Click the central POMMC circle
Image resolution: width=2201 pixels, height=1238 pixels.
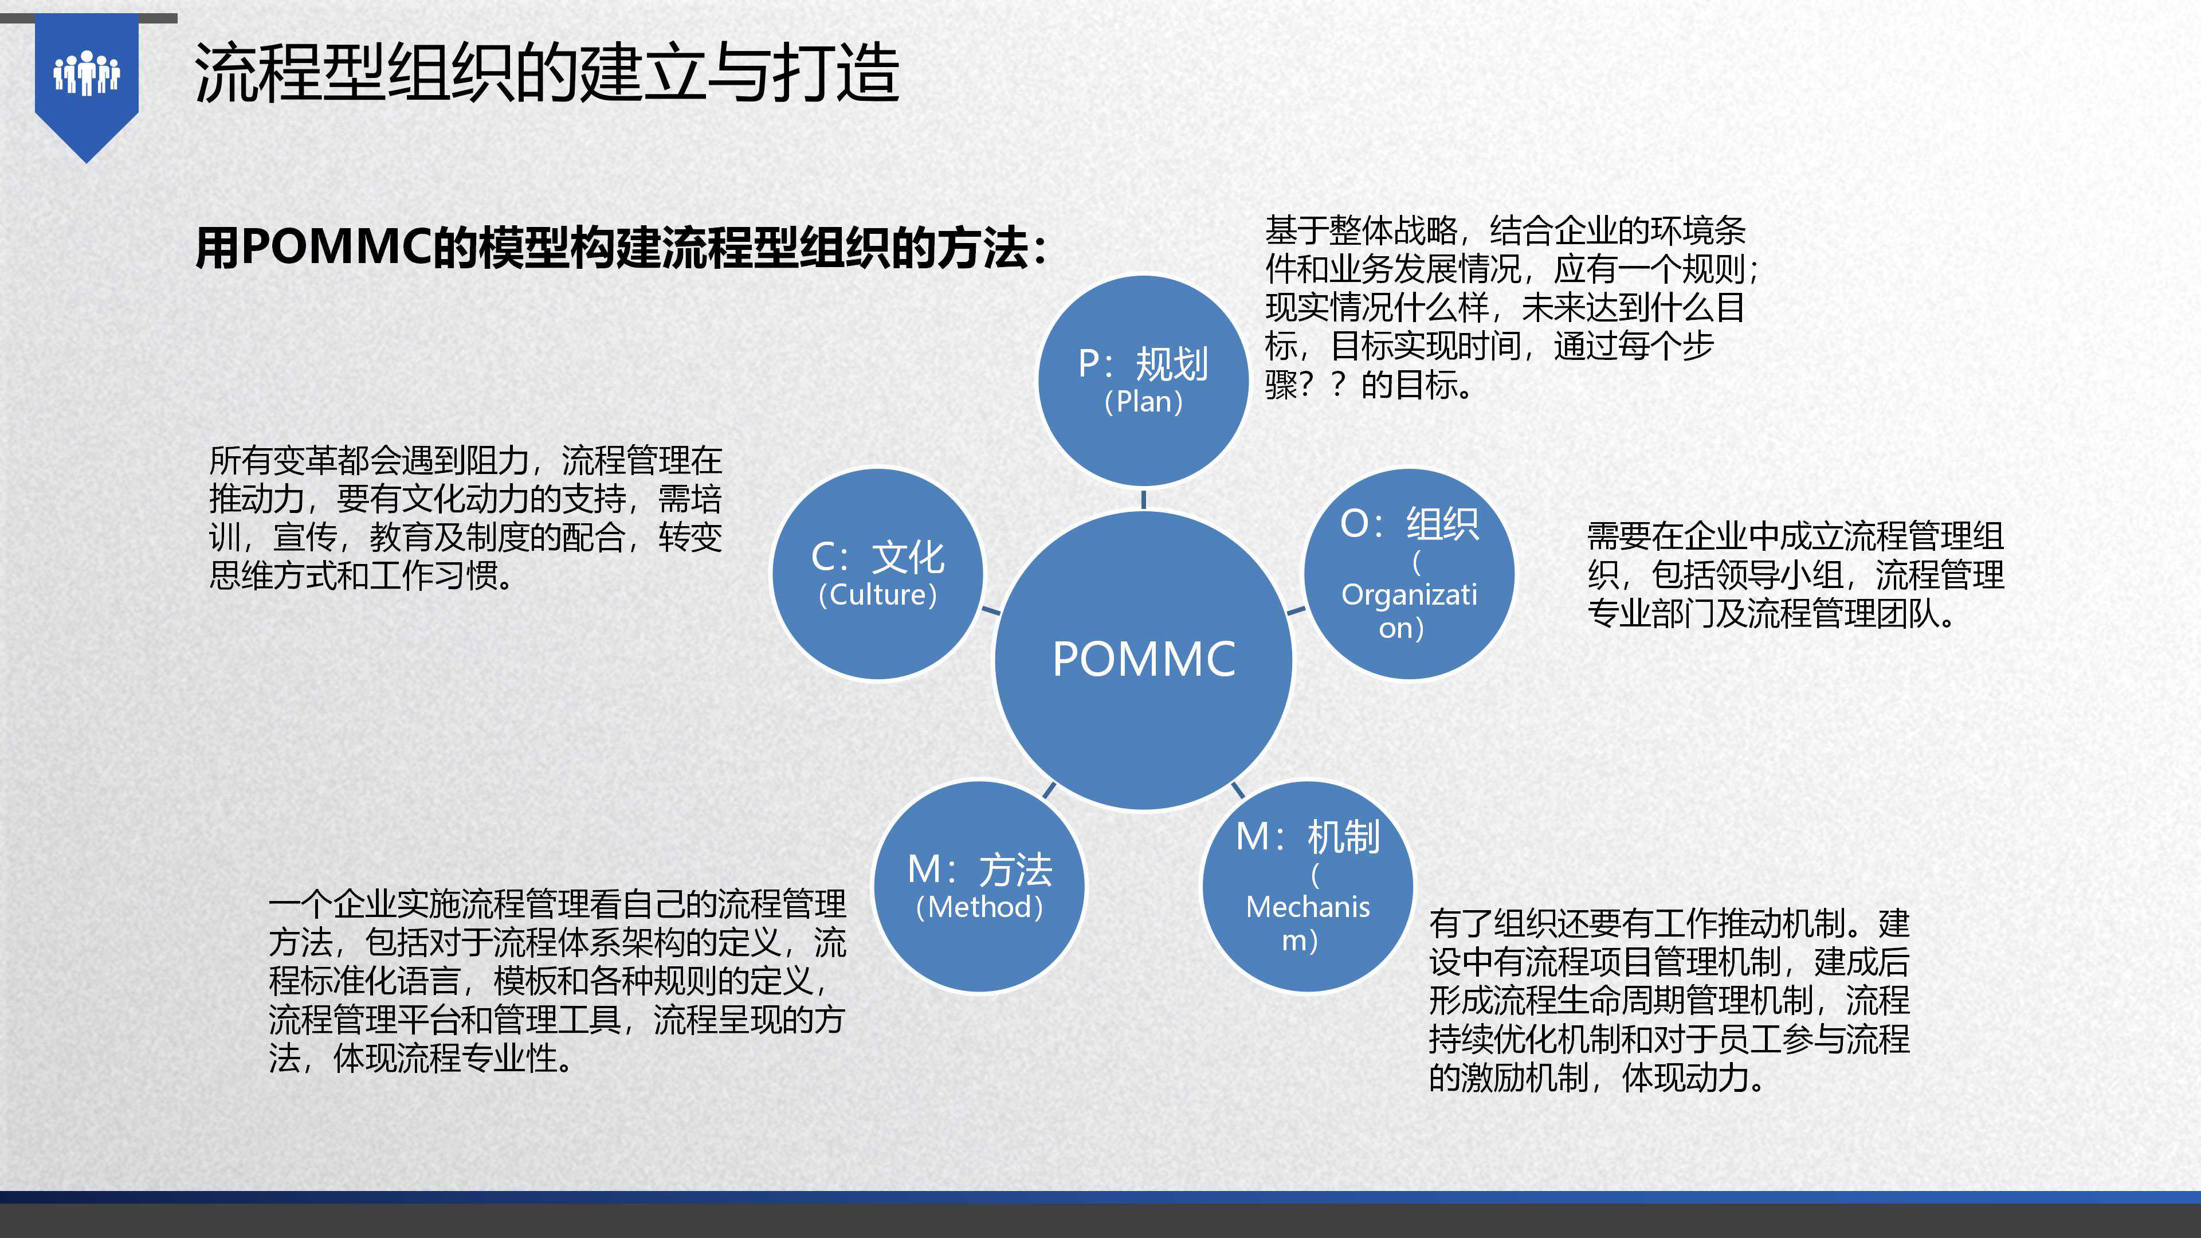click(x=1143, y=660)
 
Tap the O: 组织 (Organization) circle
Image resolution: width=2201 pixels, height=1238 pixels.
click(x=1409, y=574)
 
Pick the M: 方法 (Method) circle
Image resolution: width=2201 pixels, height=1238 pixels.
click(x=979, y=887)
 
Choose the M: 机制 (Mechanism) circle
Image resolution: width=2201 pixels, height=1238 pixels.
click(x=1307, y=887)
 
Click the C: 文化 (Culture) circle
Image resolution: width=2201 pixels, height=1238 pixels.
click(x=877, y=574)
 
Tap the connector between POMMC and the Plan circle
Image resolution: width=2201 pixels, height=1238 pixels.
click(x=1143, y=499)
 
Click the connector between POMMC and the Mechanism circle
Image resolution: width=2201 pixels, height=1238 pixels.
click(x=1237, y=789)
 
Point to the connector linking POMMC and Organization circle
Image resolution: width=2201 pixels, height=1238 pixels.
click(x=1296, y=610)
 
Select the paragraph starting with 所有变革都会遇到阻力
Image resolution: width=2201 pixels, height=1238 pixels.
click(x=466, y=518)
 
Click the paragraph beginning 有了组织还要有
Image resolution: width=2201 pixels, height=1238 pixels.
click(x=1669, y=1001)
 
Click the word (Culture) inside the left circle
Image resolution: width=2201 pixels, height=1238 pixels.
click(x=877, y=595)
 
